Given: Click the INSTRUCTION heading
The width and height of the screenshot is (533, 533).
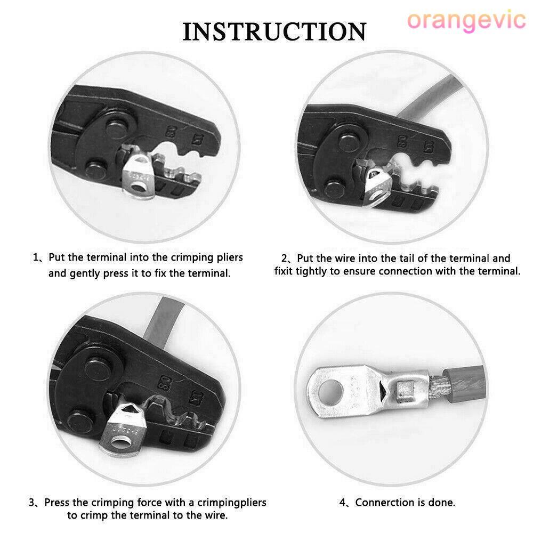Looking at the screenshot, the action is [x=274, y=31].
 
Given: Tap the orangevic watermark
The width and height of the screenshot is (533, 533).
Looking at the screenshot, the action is [x=466, y=20].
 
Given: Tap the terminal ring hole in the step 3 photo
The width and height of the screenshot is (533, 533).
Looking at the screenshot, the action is [x=119, y=443].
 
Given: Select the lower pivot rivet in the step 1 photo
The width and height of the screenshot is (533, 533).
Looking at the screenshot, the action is [x=95, y=169].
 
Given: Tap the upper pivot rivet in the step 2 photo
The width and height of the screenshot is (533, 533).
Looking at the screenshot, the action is [x=350, y=143].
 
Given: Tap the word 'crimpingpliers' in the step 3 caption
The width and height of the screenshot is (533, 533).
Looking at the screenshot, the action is [x=232, y=503].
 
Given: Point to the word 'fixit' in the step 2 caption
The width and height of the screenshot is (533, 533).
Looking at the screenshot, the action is [x=284, y=271].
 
